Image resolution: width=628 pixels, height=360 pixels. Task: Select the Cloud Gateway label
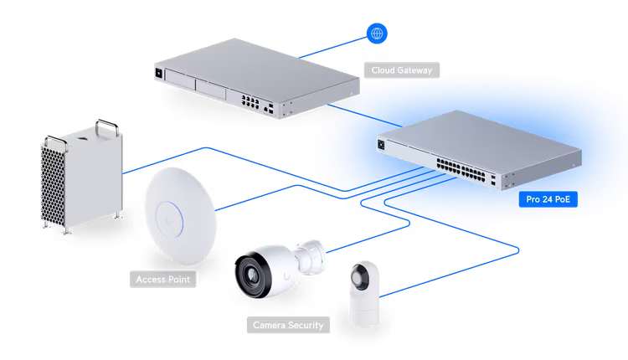tap(400, 71)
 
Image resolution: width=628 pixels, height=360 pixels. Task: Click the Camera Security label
tap(285, 324)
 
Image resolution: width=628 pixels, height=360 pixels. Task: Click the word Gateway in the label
tap(415, 71)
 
